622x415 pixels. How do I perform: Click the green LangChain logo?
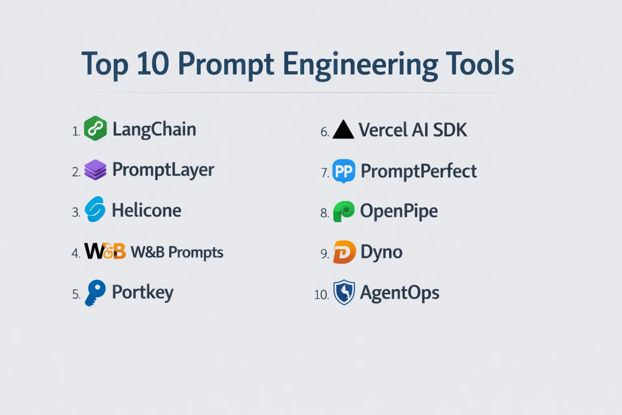[95, 128]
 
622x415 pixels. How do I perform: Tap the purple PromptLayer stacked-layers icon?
[95, 170]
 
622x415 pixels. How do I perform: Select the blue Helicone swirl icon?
[95, 209]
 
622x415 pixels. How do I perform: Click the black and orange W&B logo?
[105, 251]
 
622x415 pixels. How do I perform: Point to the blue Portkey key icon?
[95, 293]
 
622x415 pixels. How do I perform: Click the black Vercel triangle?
[343, 129]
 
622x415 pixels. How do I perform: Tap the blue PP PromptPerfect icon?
[344, 171]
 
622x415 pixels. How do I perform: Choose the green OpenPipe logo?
[344, 212]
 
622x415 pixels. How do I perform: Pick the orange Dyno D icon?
[344, 252]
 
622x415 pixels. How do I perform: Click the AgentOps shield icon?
[344, 293]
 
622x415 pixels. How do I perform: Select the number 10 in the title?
[153, 63]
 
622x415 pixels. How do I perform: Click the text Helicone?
[146, 210]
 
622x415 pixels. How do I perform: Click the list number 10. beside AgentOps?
[322, 295]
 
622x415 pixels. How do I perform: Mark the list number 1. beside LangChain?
[76, 131]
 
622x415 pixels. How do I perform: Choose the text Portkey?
[143, 293]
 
